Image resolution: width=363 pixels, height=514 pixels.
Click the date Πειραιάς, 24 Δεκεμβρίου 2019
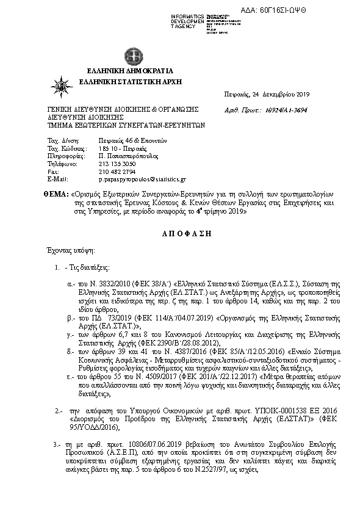click(268, 94)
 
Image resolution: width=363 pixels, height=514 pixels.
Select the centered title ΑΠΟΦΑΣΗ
click(181, 234)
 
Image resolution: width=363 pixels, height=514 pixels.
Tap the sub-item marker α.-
click(70, 284)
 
